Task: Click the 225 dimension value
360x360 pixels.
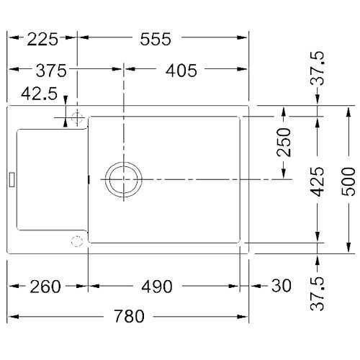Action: pos(42,39)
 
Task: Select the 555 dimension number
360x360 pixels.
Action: pos(156,39)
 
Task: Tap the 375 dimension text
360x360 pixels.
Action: pos(51,71)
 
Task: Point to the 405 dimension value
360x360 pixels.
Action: pos(181,71)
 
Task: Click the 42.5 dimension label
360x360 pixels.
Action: pos(39,94)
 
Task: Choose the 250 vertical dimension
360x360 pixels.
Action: pos(284,142)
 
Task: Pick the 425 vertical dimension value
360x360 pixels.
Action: pos(318,181)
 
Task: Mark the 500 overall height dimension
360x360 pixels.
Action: pos(348,181)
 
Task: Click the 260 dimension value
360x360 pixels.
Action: pos(45,287)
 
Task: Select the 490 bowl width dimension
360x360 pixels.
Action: pos(157,287)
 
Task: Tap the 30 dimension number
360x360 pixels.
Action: pos(282,286)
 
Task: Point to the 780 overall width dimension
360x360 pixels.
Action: pos(129,316)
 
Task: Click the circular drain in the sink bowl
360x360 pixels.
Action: pos(124,162)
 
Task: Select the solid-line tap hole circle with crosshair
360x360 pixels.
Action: pos(77,112)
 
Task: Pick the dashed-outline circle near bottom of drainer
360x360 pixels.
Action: pos(77,235)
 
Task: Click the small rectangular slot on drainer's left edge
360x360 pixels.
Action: pos(12,179)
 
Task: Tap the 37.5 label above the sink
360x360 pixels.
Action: pos(318,68)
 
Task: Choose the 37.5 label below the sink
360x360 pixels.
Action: pos(318,294)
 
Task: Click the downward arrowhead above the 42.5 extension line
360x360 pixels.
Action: pos(66,99)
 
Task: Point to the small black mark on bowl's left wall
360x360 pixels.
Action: pos(89,179)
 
